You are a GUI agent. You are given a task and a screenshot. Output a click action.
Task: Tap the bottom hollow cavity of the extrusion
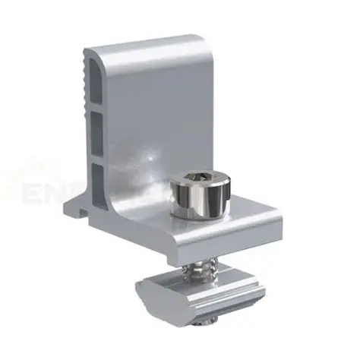click(x=99, y=179)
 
